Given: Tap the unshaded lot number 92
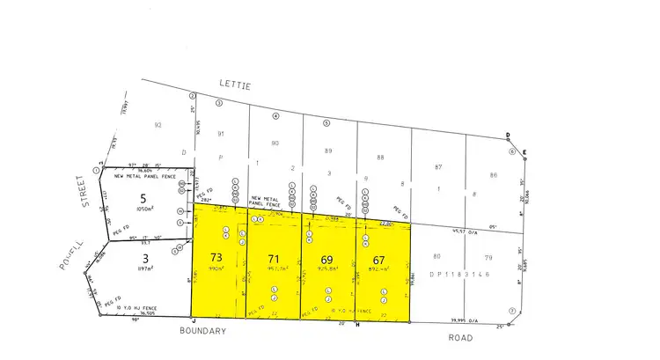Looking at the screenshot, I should (x=158, y=125).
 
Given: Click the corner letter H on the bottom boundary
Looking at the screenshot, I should (x=357, y=325).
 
